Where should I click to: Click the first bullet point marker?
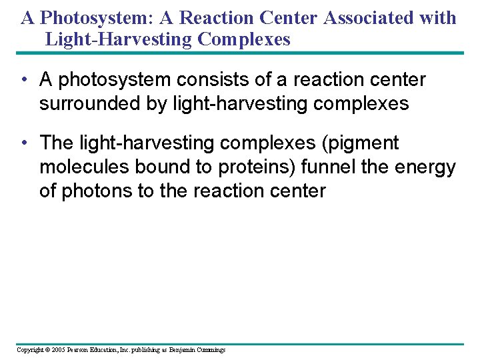(23, 81)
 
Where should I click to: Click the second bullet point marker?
(23, 143)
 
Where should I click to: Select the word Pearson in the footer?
(79, 350)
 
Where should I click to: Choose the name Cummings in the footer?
(210, 350)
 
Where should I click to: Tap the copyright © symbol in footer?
(47, 350)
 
